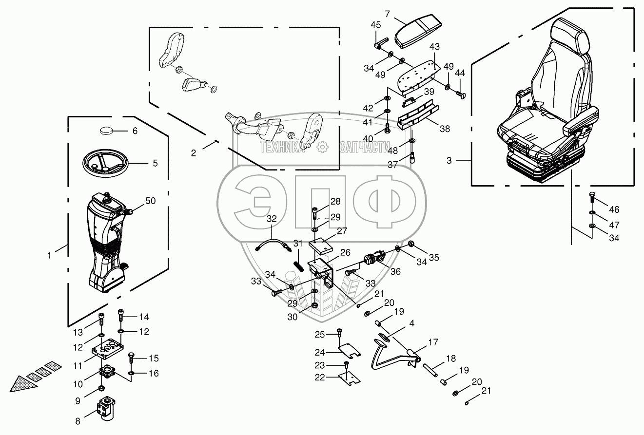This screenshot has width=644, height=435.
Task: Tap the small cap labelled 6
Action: (106, 130)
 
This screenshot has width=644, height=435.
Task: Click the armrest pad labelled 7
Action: (417, 31)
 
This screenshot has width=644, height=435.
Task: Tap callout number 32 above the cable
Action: (272, 219)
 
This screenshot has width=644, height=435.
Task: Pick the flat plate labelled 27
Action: (321, 244)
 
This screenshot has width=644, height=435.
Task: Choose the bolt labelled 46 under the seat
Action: (591, 197)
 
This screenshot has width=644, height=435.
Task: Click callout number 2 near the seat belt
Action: (194, 153)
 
